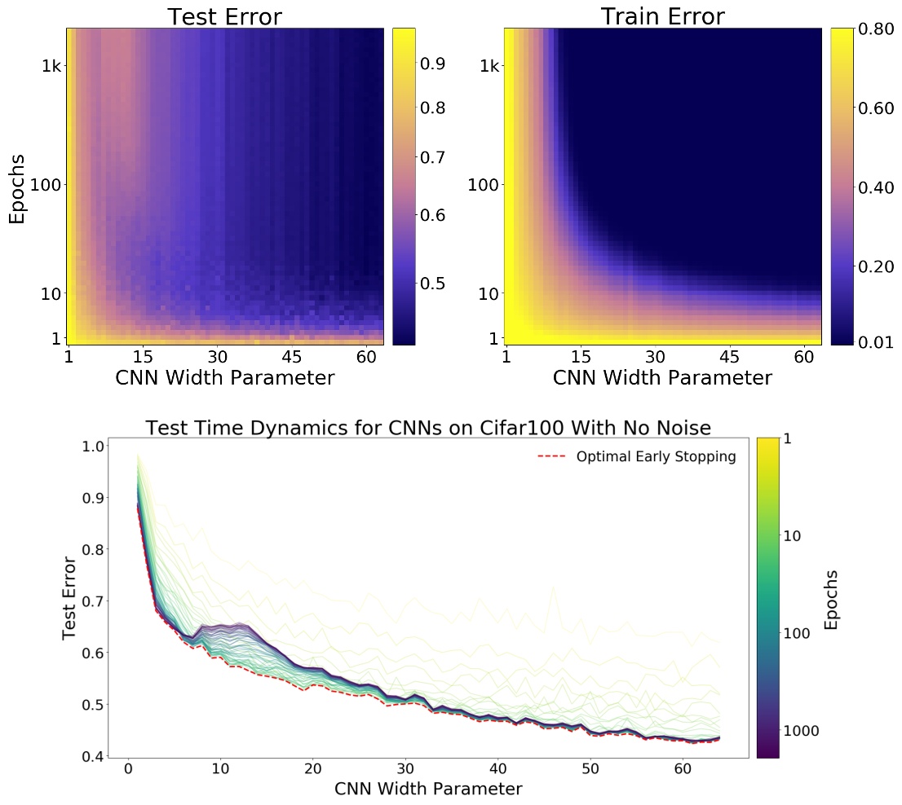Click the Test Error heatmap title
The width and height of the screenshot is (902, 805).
point(224,16)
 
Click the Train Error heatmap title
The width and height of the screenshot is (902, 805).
point(662,16)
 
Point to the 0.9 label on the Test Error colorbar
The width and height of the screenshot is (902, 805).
point(438,64)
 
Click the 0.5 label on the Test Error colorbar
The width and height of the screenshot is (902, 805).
point(438,284)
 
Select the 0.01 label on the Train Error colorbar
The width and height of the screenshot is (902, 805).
point(876,342)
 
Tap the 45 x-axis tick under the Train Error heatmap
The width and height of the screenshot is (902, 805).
point(730,357)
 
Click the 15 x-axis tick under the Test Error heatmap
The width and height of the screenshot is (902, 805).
point(143,357)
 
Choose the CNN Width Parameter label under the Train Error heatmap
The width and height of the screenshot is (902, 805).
point(662,379)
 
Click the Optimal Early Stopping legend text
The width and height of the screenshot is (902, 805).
point(656,457)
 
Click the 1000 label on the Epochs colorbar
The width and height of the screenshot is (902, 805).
point(803,731)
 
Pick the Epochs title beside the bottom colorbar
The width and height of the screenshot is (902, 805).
point(832,599)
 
